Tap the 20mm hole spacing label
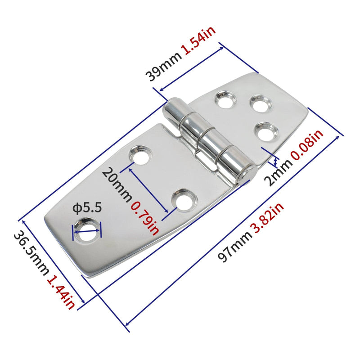(x=116, y=184)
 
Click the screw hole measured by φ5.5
(x=88, y=227)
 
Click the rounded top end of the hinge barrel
(x=173, y=108)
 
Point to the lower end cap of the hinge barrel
(x=247, y=173)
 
